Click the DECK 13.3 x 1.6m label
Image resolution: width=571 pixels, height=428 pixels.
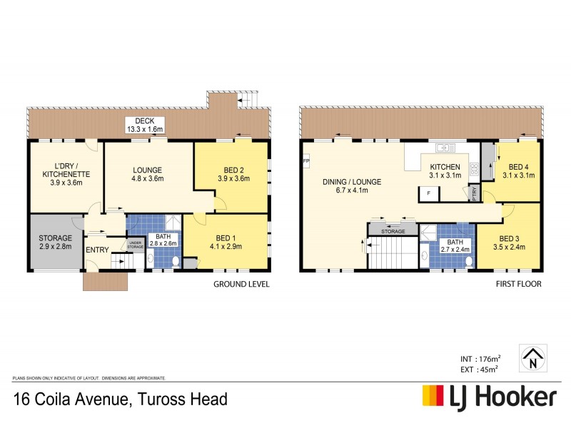click(145, 125)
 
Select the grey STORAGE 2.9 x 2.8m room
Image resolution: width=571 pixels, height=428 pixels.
click(55, 242)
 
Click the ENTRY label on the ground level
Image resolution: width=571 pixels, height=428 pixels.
click(96, 250)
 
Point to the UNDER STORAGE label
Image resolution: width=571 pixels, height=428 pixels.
click(136, 245)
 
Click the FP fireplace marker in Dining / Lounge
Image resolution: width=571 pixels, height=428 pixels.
click(306, 161)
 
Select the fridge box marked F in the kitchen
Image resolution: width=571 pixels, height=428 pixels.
click(428, 193)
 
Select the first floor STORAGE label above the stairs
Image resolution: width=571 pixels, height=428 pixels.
click(393, 231)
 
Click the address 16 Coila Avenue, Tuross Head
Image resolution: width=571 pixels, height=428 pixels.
click(120, 398)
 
